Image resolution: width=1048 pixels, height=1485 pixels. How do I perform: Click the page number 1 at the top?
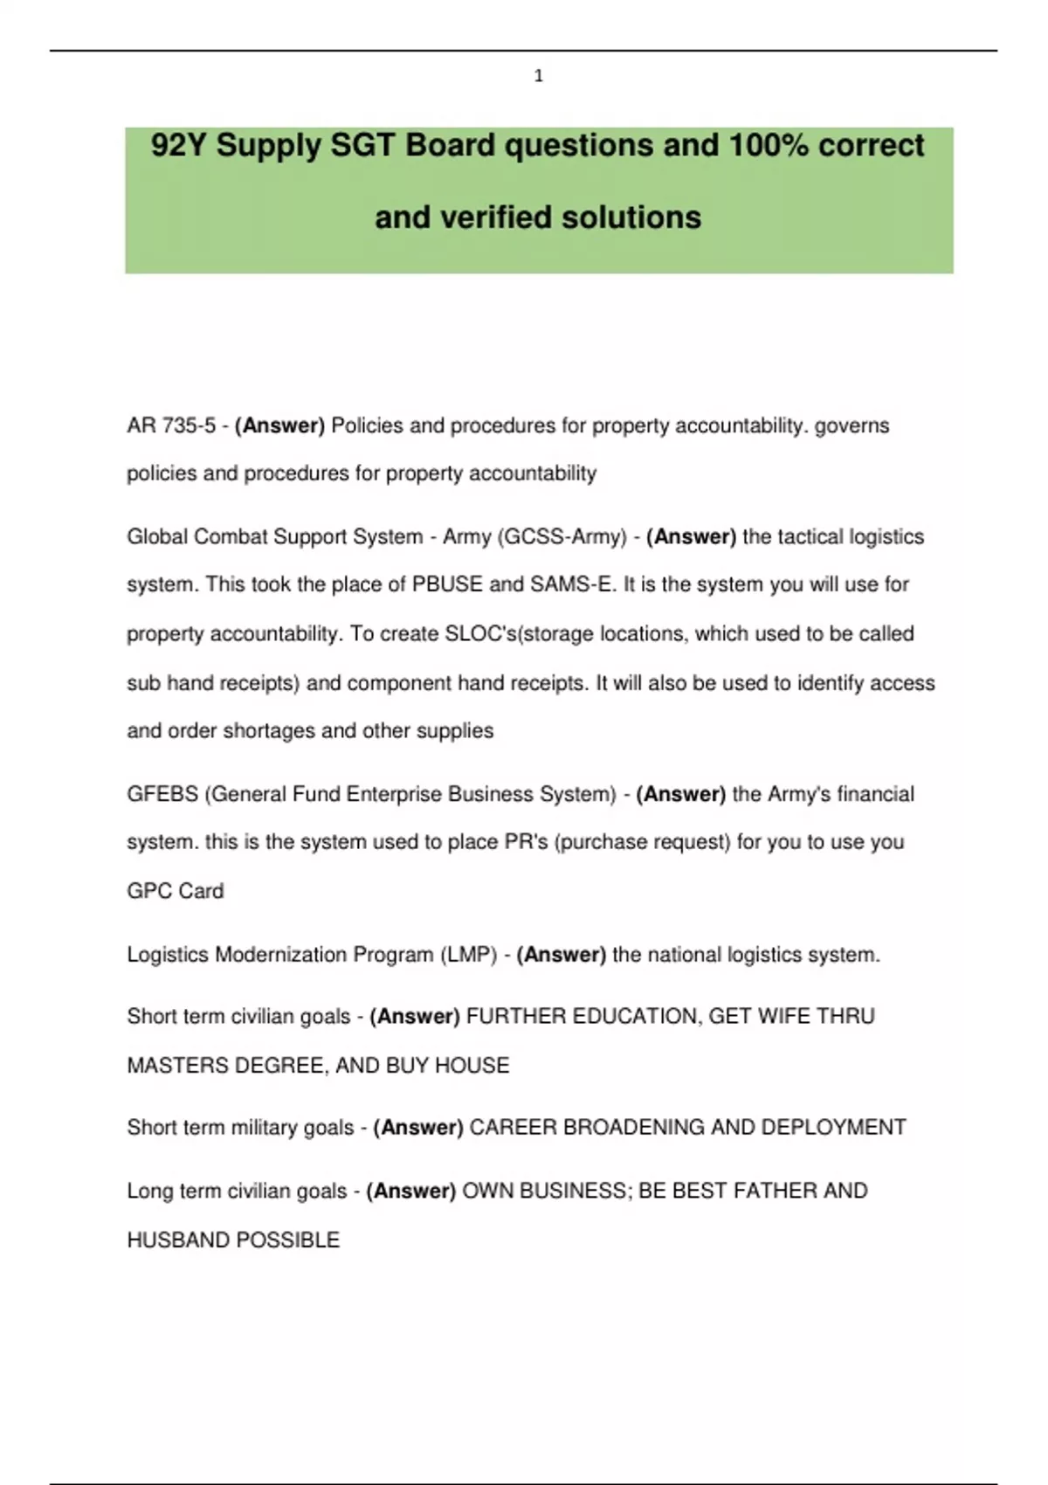pos(538,76)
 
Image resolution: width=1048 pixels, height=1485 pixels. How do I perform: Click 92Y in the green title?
pos(179,145)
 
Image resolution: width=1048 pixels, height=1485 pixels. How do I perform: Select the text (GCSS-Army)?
pos(562,536)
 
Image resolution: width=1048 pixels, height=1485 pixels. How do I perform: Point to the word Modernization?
pos(280,955)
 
